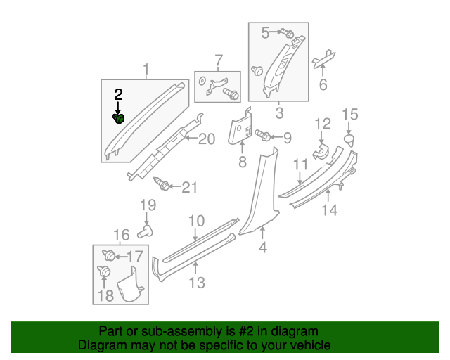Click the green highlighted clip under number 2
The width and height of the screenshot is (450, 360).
(x=119, y=119)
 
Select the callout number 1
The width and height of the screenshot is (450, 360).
(x=146, y=70)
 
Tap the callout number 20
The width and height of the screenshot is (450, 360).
(x=205, y=139)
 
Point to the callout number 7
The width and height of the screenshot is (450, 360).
(x=218, y=60)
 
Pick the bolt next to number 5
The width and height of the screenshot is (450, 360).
(x=288, y=33)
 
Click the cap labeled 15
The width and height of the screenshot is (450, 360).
(x=349, y=141)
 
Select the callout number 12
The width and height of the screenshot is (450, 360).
(x=322, y=124)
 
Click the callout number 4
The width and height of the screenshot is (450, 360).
(x=262, y=247)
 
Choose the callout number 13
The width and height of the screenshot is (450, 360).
(x=197, y=283)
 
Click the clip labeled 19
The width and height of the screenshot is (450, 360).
(x=148, y=229)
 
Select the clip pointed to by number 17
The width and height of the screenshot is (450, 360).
(x=108, y=255)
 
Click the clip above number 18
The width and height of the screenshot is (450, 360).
(x=103, y=271)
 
